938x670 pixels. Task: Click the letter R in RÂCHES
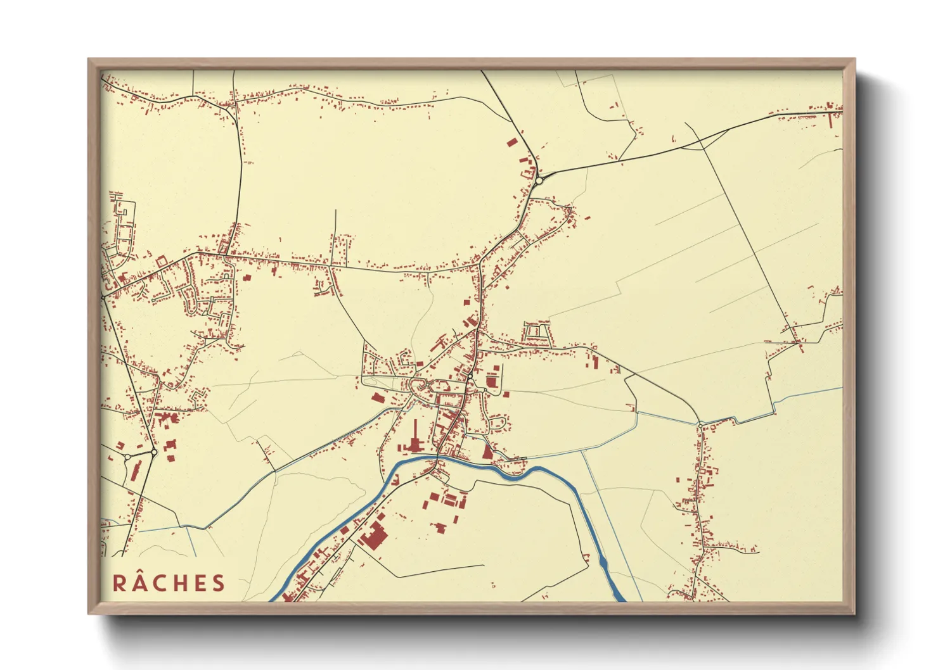click(x=119, y=583)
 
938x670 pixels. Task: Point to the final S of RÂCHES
click(x=219, y=583)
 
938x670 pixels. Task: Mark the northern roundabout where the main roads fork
click(x=539, y=180)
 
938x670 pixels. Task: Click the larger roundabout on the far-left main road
click(x=154, y=452)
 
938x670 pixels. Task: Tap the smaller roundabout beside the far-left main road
click(x=127, y=456)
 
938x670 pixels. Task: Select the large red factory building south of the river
click(x=373, y=536)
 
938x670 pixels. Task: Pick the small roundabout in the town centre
click(x=471, y=377)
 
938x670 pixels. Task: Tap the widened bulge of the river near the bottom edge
click(x=602, y=562)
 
